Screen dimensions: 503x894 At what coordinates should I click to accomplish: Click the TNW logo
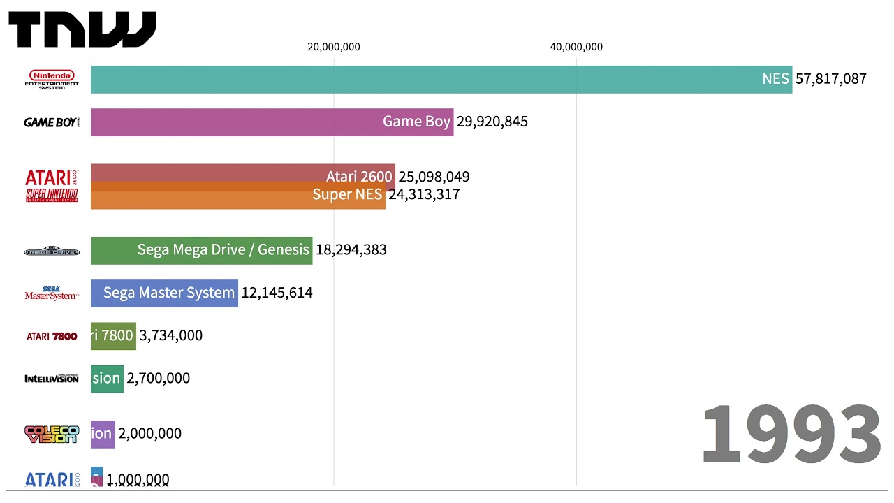click(82, 29)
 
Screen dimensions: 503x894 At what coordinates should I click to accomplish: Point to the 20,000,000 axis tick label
click(334, 47)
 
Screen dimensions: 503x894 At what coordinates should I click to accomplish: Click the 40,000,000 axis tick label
click(576, 47)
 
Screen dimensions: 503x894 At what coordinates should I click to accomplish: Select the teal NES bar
click(419, 80)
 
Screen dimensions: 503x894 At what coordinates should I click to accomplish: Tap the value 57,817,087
click(830, 79)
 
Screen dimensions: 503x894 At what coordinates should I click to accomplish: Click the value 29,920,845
click(492, 122)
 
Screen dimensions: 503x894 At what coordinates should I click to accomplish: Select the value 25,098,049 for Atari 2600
click(434, 177)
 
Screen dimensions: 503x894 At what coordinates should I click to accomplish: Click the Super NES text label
click(347, 194)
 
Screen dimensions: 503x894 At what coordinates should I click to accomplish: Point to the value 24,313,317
click(424, 194)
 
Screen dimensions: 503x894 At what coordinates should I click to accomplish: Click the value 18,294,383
click(351, 250)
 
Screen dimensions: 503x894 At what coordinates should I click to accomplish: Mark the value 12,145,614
click(277, 293)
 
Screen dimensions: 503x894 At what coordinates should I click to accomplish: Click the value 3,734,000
click(171, 335)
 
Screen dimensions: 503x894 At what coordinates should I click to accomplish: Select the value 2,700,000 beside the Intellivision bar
click(159, 378)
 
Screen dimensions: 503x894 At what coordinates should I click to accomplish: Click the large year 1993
click(790, 435)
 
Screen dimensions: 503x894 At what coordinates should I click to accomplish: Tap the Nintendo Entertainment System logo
click(52, 80)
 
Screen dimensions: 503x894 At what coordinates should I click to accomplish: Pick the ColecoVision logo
click(52, 434)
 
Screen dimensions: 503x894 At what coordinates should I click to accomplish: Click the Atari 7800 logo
click(52, 336)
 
